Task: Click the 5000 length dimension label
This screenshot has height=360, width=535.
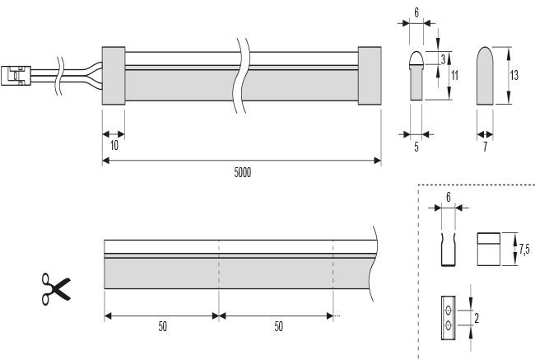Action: [242, 173]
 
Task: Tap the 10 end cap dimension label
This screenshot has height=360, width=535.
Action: [113, 146]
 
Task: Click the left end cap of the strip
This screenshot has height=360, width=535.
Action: [113, 74]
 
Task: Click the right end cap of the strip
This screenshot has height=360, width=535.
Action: [369, 74]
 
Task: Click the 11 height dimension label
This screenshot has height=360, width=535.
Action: [454, 75]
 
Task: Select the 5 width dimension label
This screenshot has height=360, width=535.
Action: [416, 147]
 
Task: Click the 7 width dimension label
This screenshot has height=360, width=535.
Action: [486, 147]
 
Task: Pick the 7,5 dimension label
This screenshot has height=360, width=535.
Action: [523, 245]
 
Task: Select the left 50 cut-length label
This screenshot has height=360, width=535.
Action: [162, 326]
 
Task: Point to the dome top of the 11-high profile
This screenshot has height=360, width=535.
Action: [416, 58]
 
